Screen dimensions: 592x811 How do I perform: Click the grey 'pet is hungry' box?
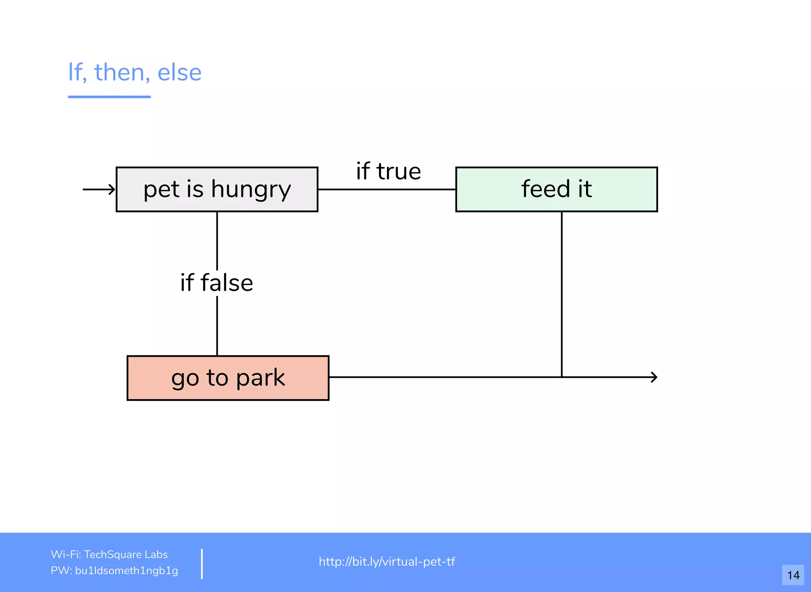(217, 189)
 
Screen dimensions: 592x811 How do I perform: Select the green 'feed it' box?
(556, 189)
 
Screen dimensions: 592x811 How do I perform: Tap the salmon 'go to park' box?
(228, 378)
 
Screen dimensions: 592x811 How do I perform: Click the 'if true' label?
(388, 171)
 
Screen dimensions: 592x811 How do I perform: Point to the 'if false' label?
(217, 283)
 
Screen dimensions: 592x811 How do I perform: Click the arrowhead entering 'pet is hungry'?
(112, 189)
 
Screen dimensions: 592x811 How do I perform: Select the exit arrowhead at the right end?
(654, 377)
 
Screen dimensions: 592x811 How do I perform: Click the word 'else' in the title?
(179, 73)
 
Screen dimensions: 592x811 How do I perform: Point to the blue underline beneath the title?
(109, 96)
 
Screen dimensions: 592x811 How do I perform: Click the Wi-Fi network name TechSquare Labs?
(126, 554)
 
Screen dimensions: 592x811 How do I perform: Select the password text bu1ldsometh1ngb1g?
(126, 571)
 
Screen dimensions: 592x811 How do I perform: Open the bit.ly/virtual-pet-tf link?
(387, 561)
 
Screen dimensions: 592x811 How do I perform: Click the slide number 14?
(793, 575)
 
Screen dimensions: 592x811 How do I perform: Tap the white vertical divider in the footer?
(202, 563)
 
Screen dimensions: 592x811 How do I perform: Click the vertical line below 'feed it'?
(562, 293)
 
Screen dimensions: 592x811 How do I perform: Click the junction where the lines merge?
(562, 377)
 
